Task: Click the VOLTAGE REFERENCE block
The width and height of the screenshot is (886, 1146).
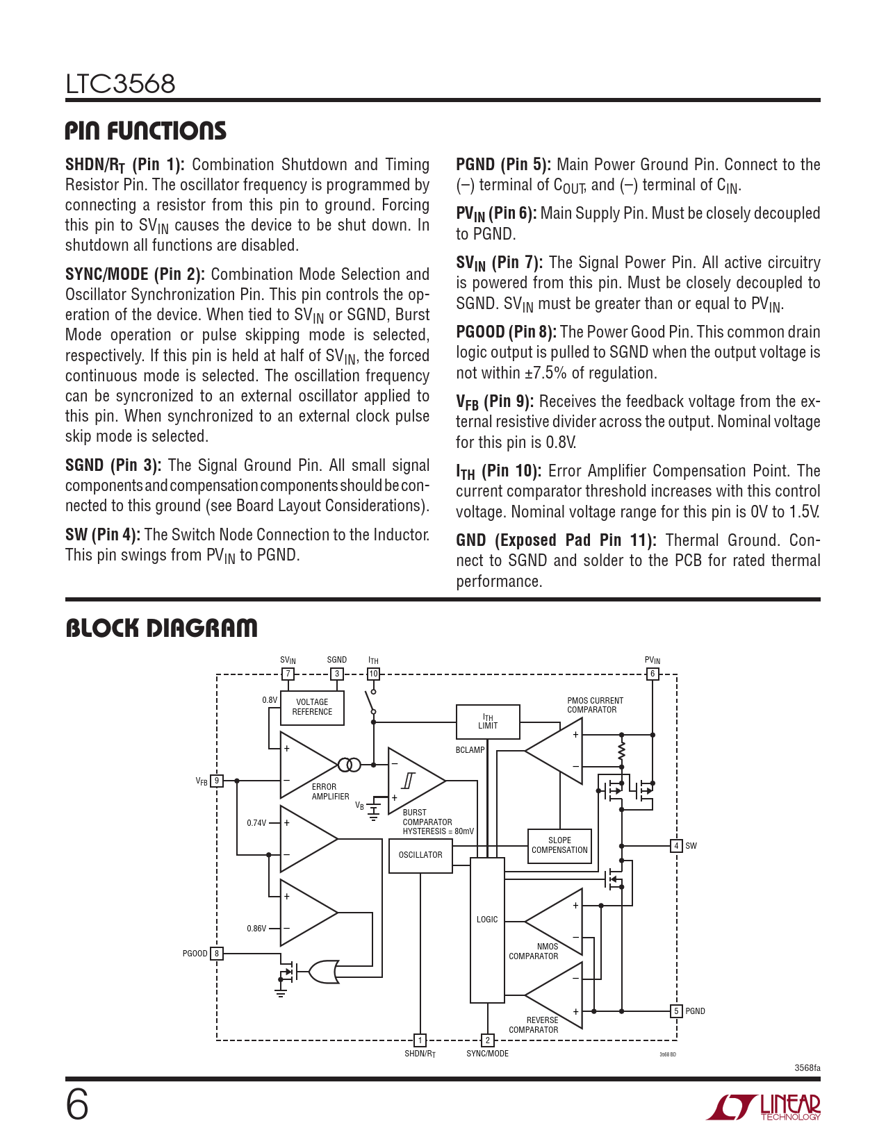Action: (x=312, y=708)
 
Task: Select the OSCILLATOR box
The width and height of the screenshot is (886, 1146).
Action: (x=420, y=855)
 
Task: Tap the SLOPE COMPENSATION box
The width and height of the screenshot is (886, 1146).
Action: (x=559, y=845)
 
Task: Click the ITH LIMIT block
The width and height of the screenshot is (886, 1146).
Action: (x=488, y=722)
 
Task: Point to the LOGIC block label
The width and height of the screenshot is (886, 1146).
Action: (x=487, y=920)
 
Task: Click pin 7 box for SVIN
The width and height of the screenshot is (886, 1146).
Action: (x=288, y=674)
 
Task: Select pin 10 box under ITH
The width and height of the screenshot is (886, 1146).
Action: (x=373, y=674)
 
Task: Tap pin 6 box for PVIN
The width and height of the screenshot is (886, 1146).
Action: (x=653, y=674)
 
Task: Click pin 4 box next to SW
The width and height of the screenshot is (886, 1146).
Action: (x=676, y=846)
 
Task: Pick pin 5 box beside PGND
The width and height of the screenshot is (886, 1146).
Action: (x=676, y=1011)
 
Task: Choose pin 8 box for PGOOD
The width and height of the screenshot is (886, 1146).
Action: (x=217, y=954)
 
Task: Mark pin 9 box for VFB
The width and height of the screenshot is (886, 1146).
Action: (x=217, y=781)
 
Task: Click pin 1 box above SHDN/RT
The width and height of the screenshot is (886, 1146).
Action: (x=420, y=1040)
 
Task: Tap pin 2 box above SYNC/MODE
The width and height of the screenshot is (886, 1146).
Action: (x=488, y=1040)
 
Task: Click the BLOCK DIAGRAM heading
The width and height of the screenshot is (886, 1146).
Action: (x=161, y=629)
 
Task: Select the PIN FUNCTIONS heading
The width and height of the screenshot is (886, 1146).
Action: (x=146, y=131)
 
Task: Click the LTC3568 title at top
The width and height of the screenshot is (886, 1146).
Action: (x=120, y=85)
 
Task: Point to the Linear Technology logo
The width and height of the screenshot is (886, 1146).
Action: (x=764, y=1107)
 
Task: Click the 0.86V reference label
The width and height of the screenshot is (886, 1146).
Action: (x=256, y=929)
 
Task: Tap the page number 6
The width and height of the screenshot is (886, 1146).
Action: (x=77, y=1106)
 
